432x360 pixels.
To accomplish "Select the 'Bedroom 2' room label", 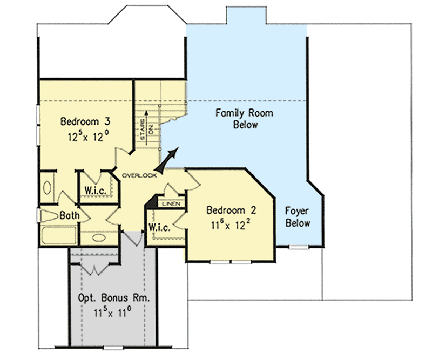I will coord(227,209).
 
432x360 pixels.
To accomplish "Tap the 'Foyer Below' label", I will coord(298,216).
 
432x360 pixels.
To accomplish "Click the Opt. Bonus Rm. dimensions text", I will coord(113,312).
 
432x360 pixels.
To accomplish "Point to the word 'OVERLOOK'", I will coord(139,175).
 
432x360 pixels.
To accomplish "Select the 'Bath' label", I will coord(70,215).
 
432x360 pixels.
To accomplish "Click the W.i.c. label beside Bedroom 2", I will coord(159,227).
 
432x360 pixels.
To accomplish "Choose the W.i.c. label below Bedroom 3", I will coord(95,190).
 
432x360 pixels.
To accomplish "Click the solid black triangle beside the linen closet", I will coord(153,201).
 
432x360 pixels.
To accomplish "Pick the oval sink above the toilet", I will coord(48,188).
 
